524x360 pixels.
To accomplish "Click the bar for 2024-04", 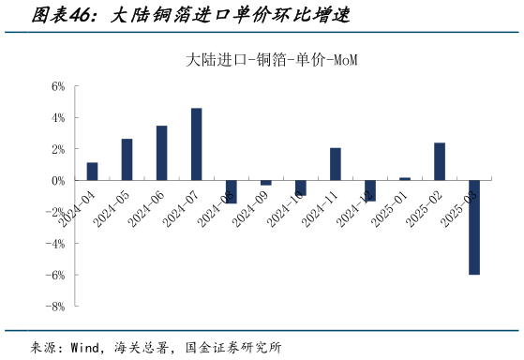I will coord(92,171).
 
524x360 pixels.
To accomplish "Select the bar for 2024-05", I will coord(127,159).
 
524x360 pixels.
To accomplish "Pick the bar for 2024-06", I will coord(161,153).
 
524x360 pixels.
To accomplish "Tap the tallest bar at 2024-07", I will coord(196,143).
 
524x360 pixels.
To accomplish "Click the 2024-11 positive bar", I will coord(335,163).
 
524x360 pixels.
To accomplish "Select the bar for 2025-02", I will coord(439,161).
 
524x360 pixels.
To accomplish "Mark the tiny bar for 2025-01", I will coord(404,178).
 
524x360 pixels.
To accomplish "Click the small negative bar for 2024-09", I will coord(265,182).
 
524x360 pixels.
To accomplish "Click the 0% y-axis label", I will coord(57,180).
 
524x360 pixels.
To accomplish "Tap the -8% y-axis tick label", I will coord(55,306).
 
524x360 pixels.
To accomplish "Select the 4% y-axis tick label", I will coord(57,117).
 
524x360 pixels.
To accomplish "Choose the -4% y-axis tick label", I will coord(55,243).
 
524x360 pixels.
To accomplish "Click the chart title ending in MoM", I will coord(273,60).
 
